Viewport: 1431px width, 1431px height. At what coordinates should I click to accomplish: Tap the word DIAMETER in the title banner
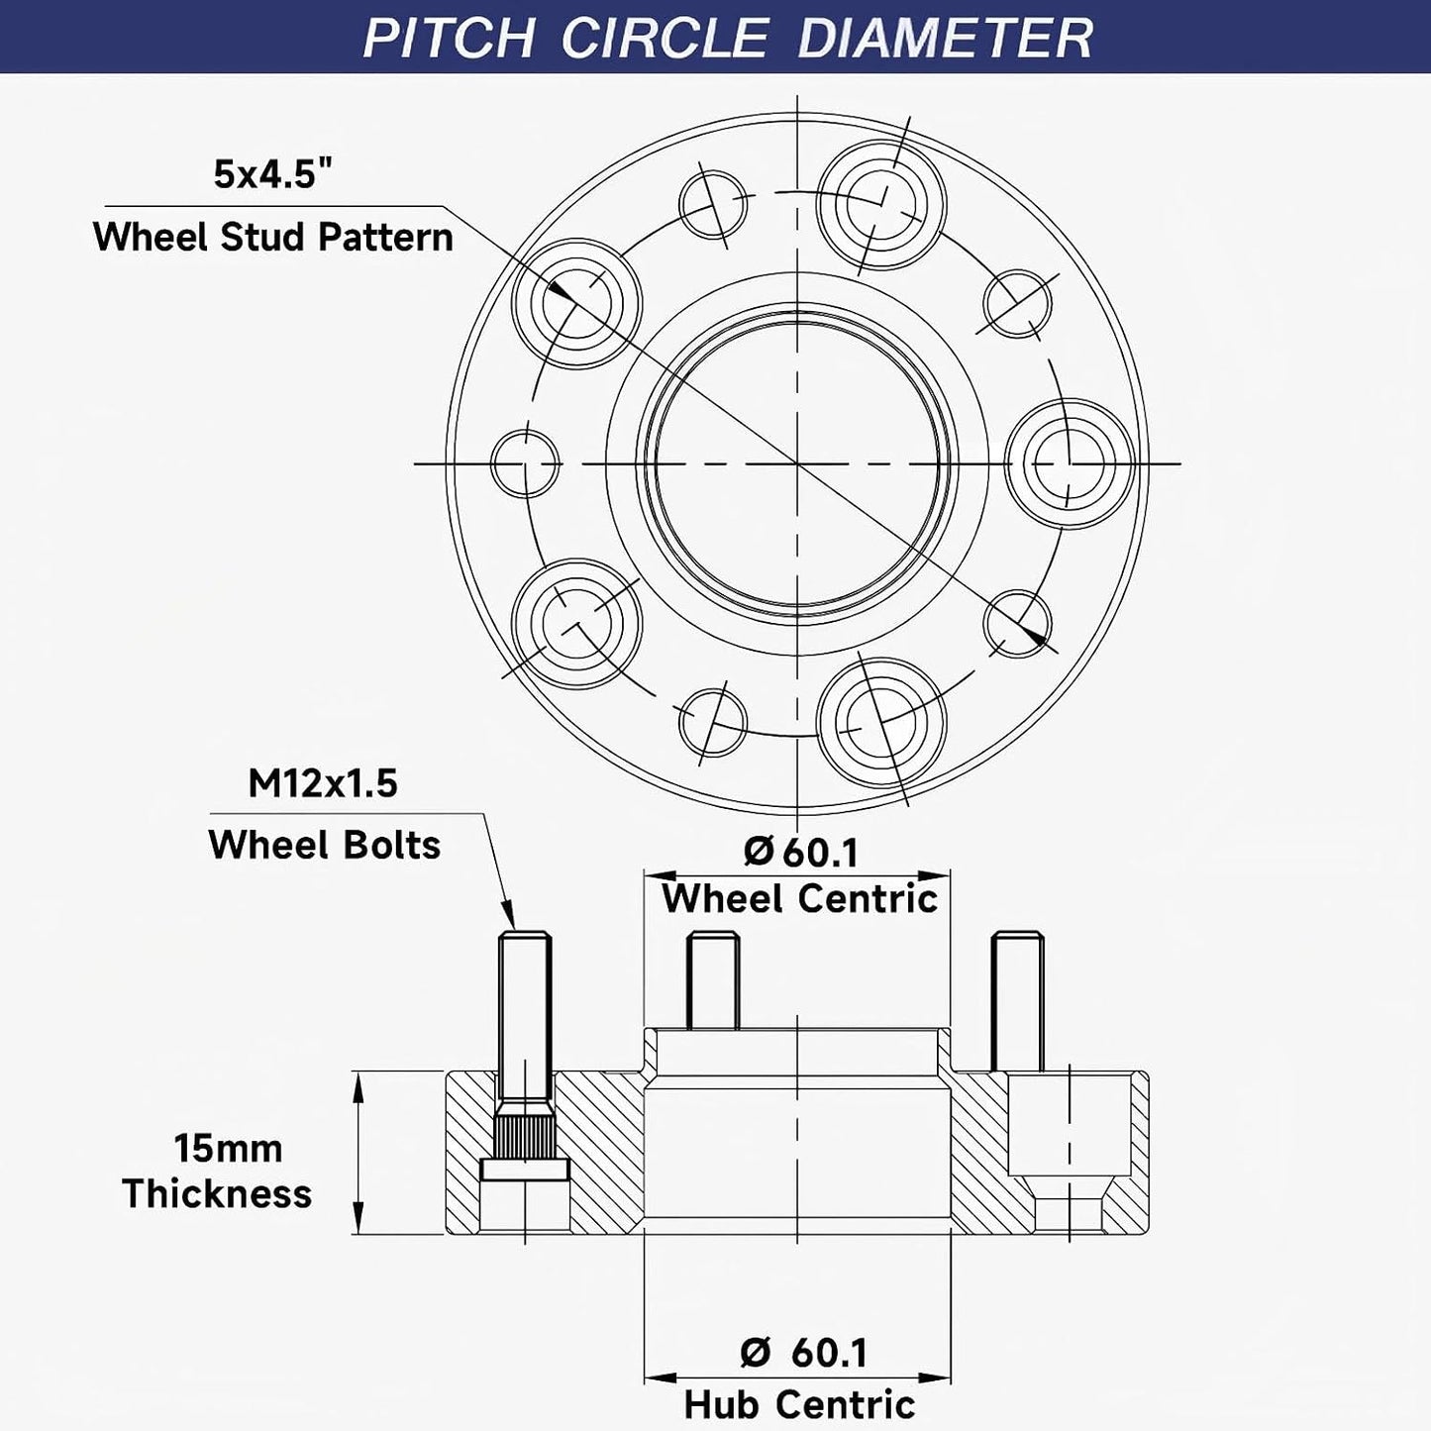[945, 37]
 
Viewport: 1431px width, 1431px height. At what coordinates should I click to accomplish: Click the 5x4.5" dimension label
[271, 175]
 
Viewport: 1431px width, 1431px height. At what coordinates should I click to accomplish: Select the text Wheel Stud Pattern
[272, 238]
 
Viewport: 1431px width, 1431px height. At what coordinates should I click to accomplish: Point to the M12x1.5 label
[323, 783]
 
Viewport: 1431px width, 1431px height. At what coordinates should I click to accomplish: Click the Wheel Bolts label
[325, 845]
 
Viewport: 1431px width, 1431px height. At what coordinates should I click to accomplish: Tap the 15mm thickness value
[228, 1149]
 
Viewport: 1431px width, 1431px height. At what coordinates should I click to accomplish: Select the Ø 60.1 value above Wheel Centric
[800, 852]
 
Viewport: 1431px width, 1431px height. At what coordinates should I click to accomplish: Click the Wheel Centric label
[800, 899]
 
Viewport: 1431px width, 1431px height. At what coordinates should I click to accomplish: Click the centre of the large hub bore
[797, 463]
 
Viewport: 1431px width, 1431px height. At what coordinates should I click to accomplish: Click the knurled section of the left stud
[524, 1130]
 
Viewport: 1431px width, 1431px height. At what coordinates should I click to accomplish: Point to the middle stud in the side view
[712, 980]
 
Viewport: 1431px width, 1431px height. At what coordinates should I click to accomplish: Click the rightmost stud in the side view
[1017, 1001]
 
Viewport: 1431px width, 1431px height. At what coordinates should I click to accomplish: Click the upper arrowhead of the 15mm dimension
[358, 1088]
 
